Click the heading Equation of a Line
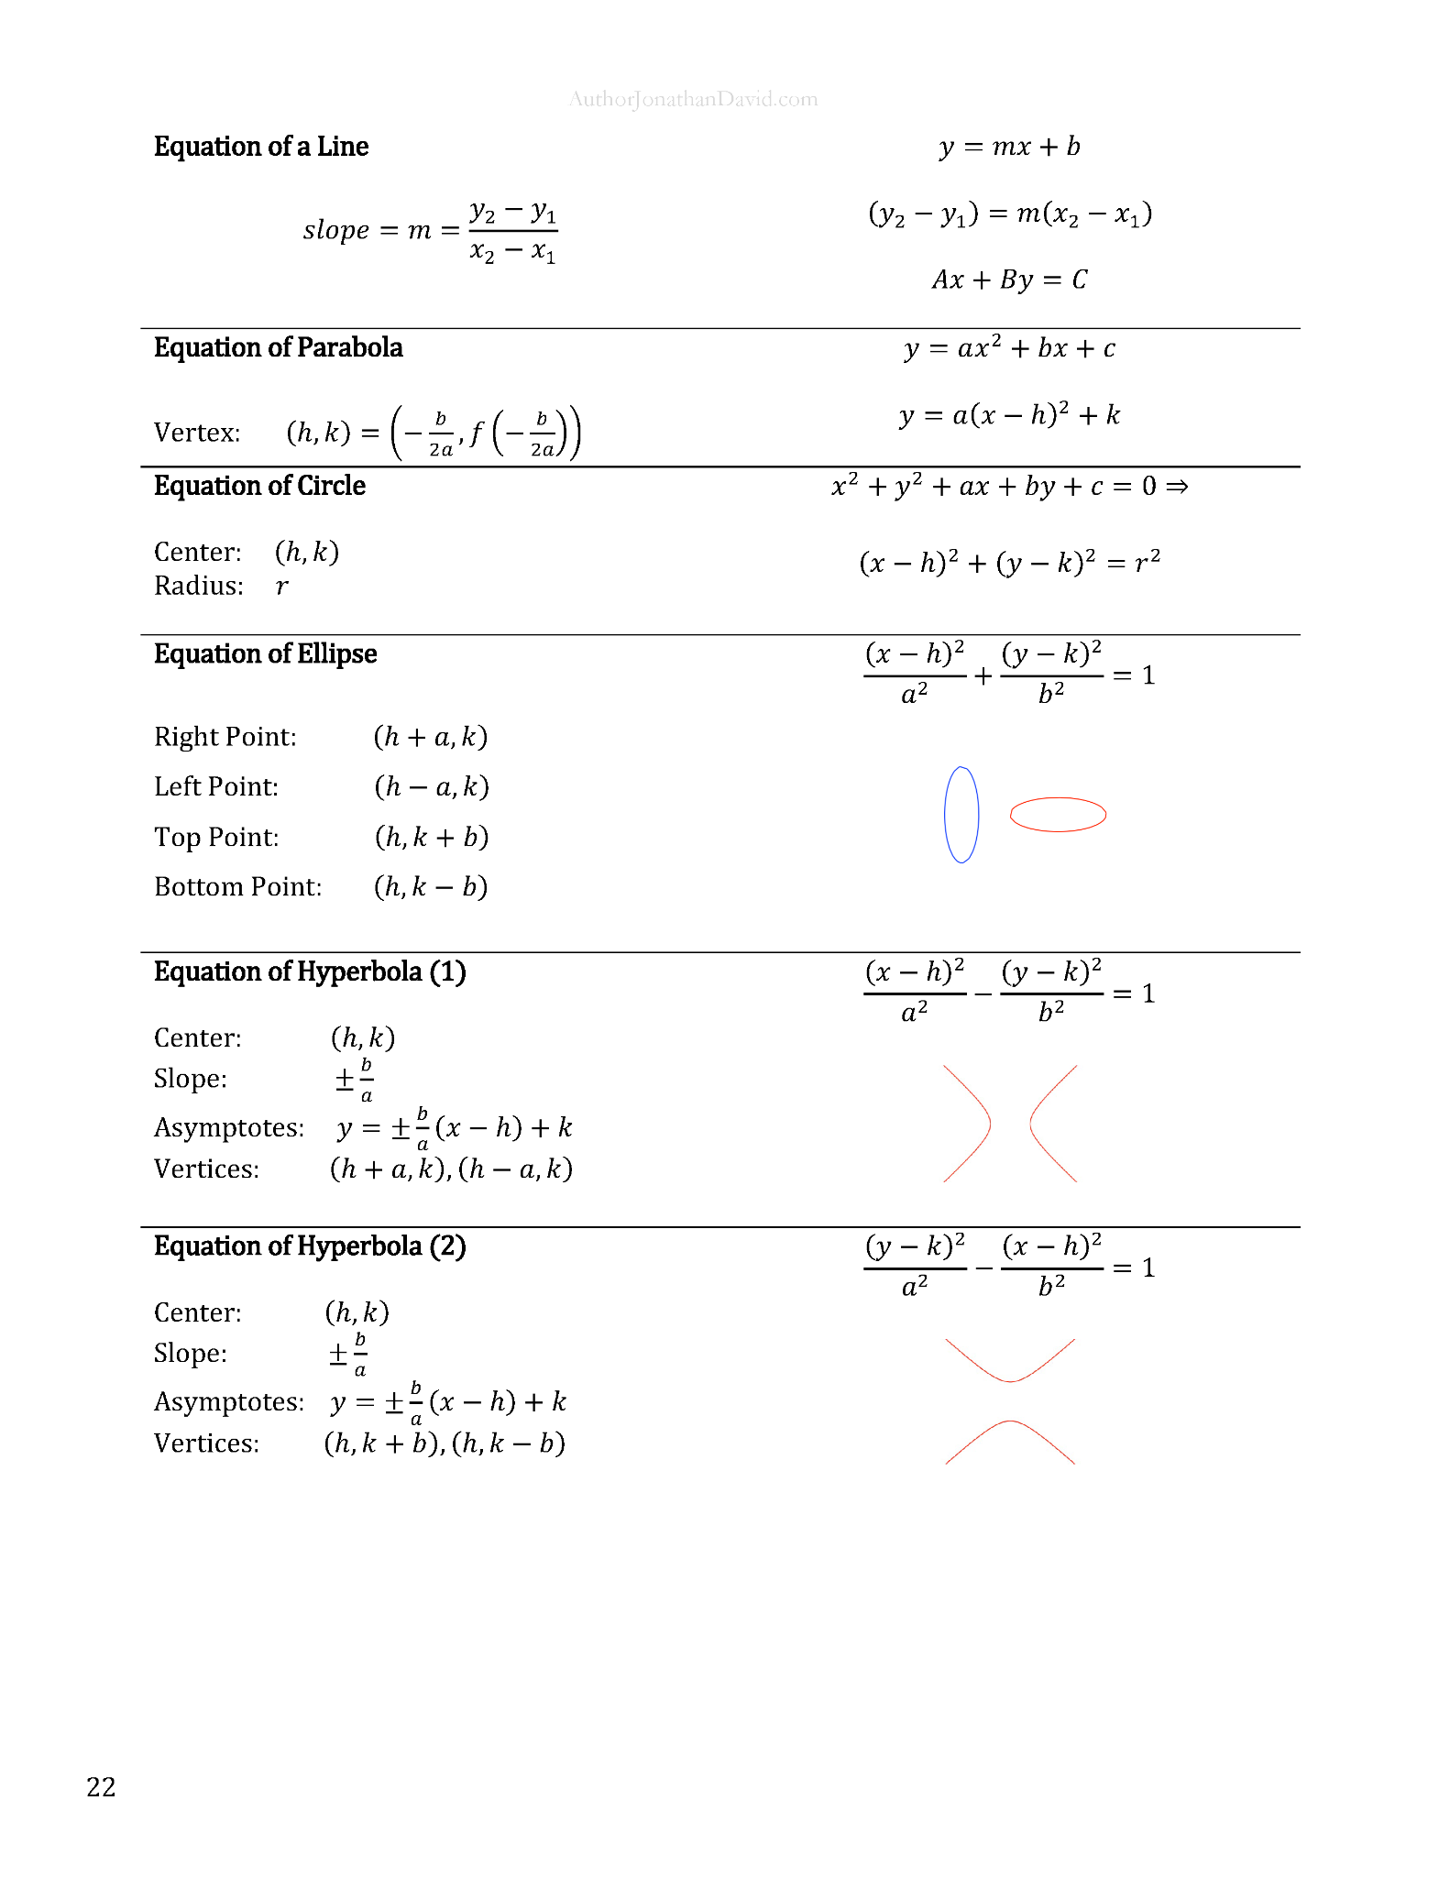point(260,147)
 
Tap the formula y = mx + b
point(1009,147)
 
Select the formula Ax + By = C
point(1009,279)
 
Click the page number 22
point(101,1786)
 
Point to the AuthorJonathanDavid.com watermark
point(693,99)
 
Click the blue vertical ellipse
point(961,814)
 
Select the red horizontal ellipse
point(1058,814)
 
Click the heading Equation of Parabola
point(278,348)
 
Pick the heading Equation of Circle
point(259,486)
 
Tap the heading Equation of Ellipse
point(265,654)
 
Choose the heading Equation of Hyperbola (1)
point(310,971)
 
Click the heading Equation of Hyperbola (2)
point(310,1246)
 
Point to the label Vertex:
point(197,433)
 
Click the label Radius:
point(199,586)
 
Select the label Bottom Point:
point(238,887)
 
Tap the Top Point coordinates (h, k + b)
point(432,837)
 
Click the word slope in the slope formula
point(336,229)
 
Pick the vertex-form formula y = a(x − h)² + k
point(1009,415)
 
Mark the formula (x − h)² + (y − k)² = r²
point(1009,561)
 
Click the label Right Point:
point(225,737)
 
